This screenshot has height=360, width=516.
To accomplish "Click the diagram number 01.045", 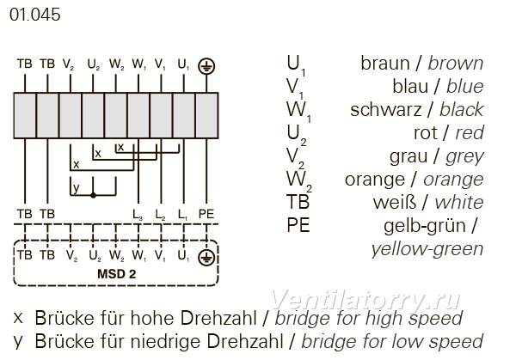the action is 35,15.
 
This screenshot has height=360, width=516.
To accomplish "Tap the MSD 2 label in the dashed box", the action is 116,274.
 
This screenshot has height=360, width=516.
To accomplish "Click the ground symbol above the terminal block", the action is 206,66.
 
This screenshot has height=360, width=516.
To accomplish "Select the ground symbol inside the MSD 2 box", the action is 206,258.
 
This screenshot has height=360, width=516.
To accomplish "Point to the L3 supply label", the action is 138,215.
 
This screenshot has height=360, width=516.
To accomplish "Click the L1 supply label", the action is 182,215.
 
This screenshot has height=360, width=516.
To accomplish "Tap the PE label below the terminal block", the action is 206,214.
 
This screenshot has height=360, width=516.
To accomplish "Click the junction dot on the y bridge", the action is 93,195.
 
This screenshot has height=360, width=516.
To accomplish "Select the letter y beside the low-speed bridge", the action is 76,188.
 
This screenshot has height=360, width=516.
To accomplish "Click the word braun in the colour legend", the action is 384,63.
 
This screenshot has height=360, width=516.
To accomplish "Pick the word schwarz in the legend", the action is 385,109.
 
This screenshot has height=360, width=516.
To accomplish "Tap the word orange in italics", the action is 453,180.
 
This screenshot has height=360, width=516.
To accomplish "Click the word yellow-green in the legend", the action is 427,249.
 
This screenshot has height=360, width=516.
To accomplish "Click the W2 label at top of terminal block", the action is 117,64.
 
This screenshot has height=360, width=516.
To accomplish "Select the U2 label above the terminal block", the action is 94,64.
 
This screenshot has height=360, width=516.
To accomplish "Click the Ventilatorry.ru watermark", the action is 365,300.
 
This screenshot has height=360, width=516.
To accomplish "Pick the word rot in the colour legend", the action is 425,133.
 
